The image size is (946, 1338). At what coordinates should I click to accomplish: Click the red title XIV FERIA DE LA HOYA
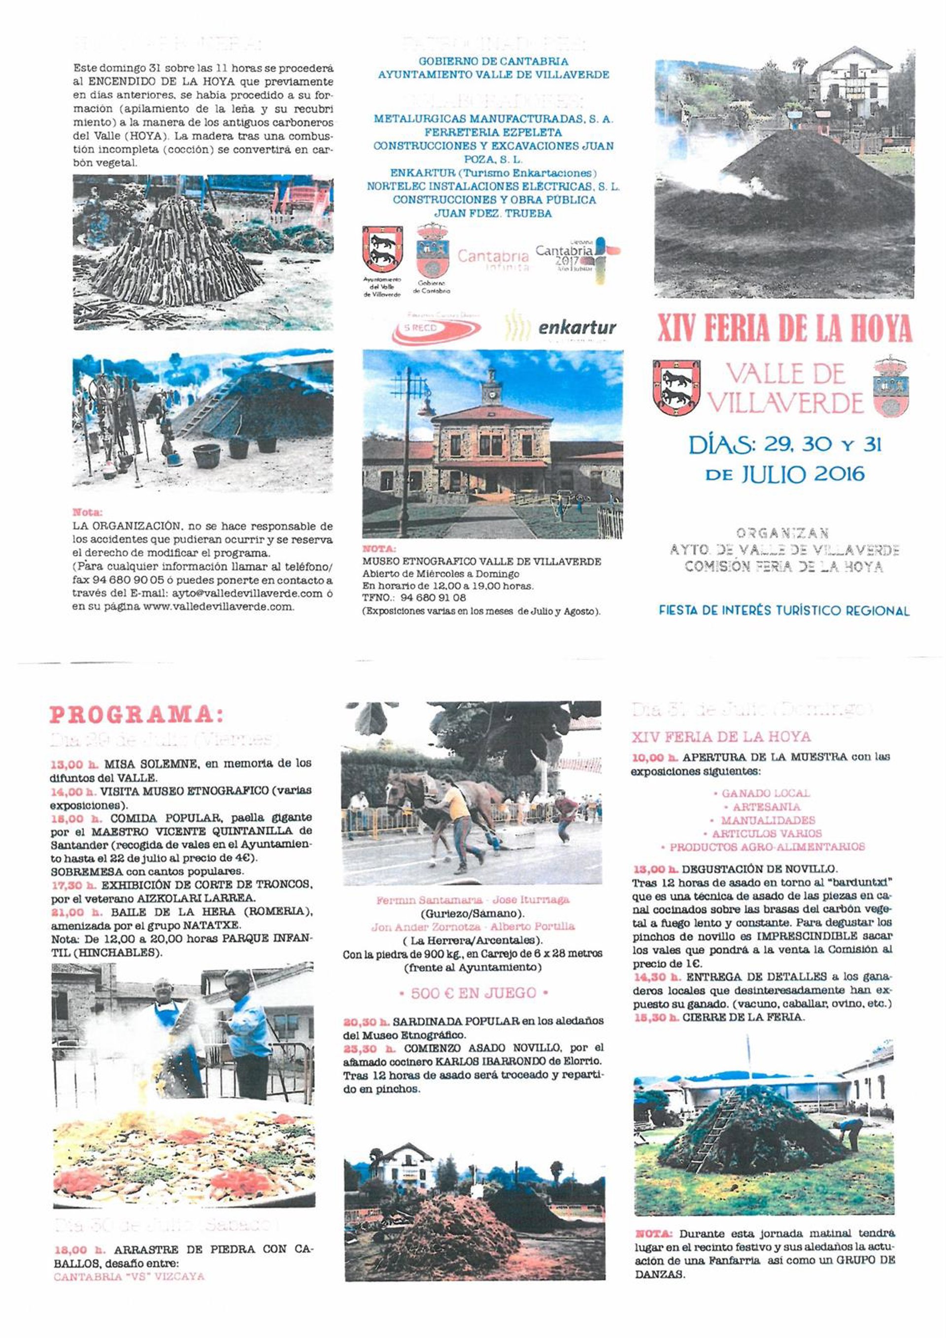784,329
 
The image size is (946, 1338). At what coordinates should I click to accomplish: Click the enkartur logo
576,328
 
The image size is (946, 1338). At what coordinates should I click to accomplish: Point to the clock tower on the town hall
491,388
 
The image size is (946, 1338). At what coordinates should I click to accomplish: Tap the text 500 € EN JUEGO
473,993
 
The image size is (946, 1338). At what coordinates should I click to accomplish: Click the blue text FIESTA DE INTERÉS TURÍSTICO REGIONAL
784,611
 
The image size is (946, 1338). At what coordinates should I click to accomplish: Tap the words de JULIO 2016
784,474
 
